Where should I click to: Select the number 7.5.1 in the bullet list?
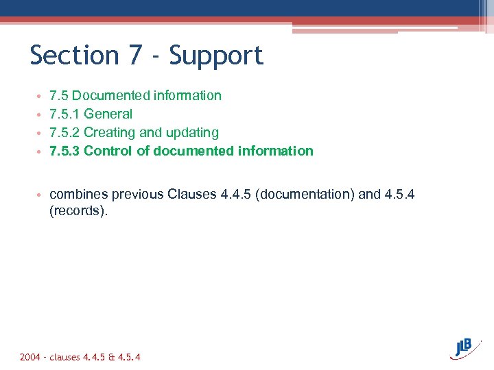64,114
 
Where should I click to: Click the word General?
108,114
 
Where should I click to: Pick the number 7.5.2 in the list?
64,132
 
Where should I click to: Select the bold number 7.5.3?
64,151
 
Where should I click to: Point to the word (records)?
79,212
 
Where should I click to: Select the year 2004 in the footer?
30,357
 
